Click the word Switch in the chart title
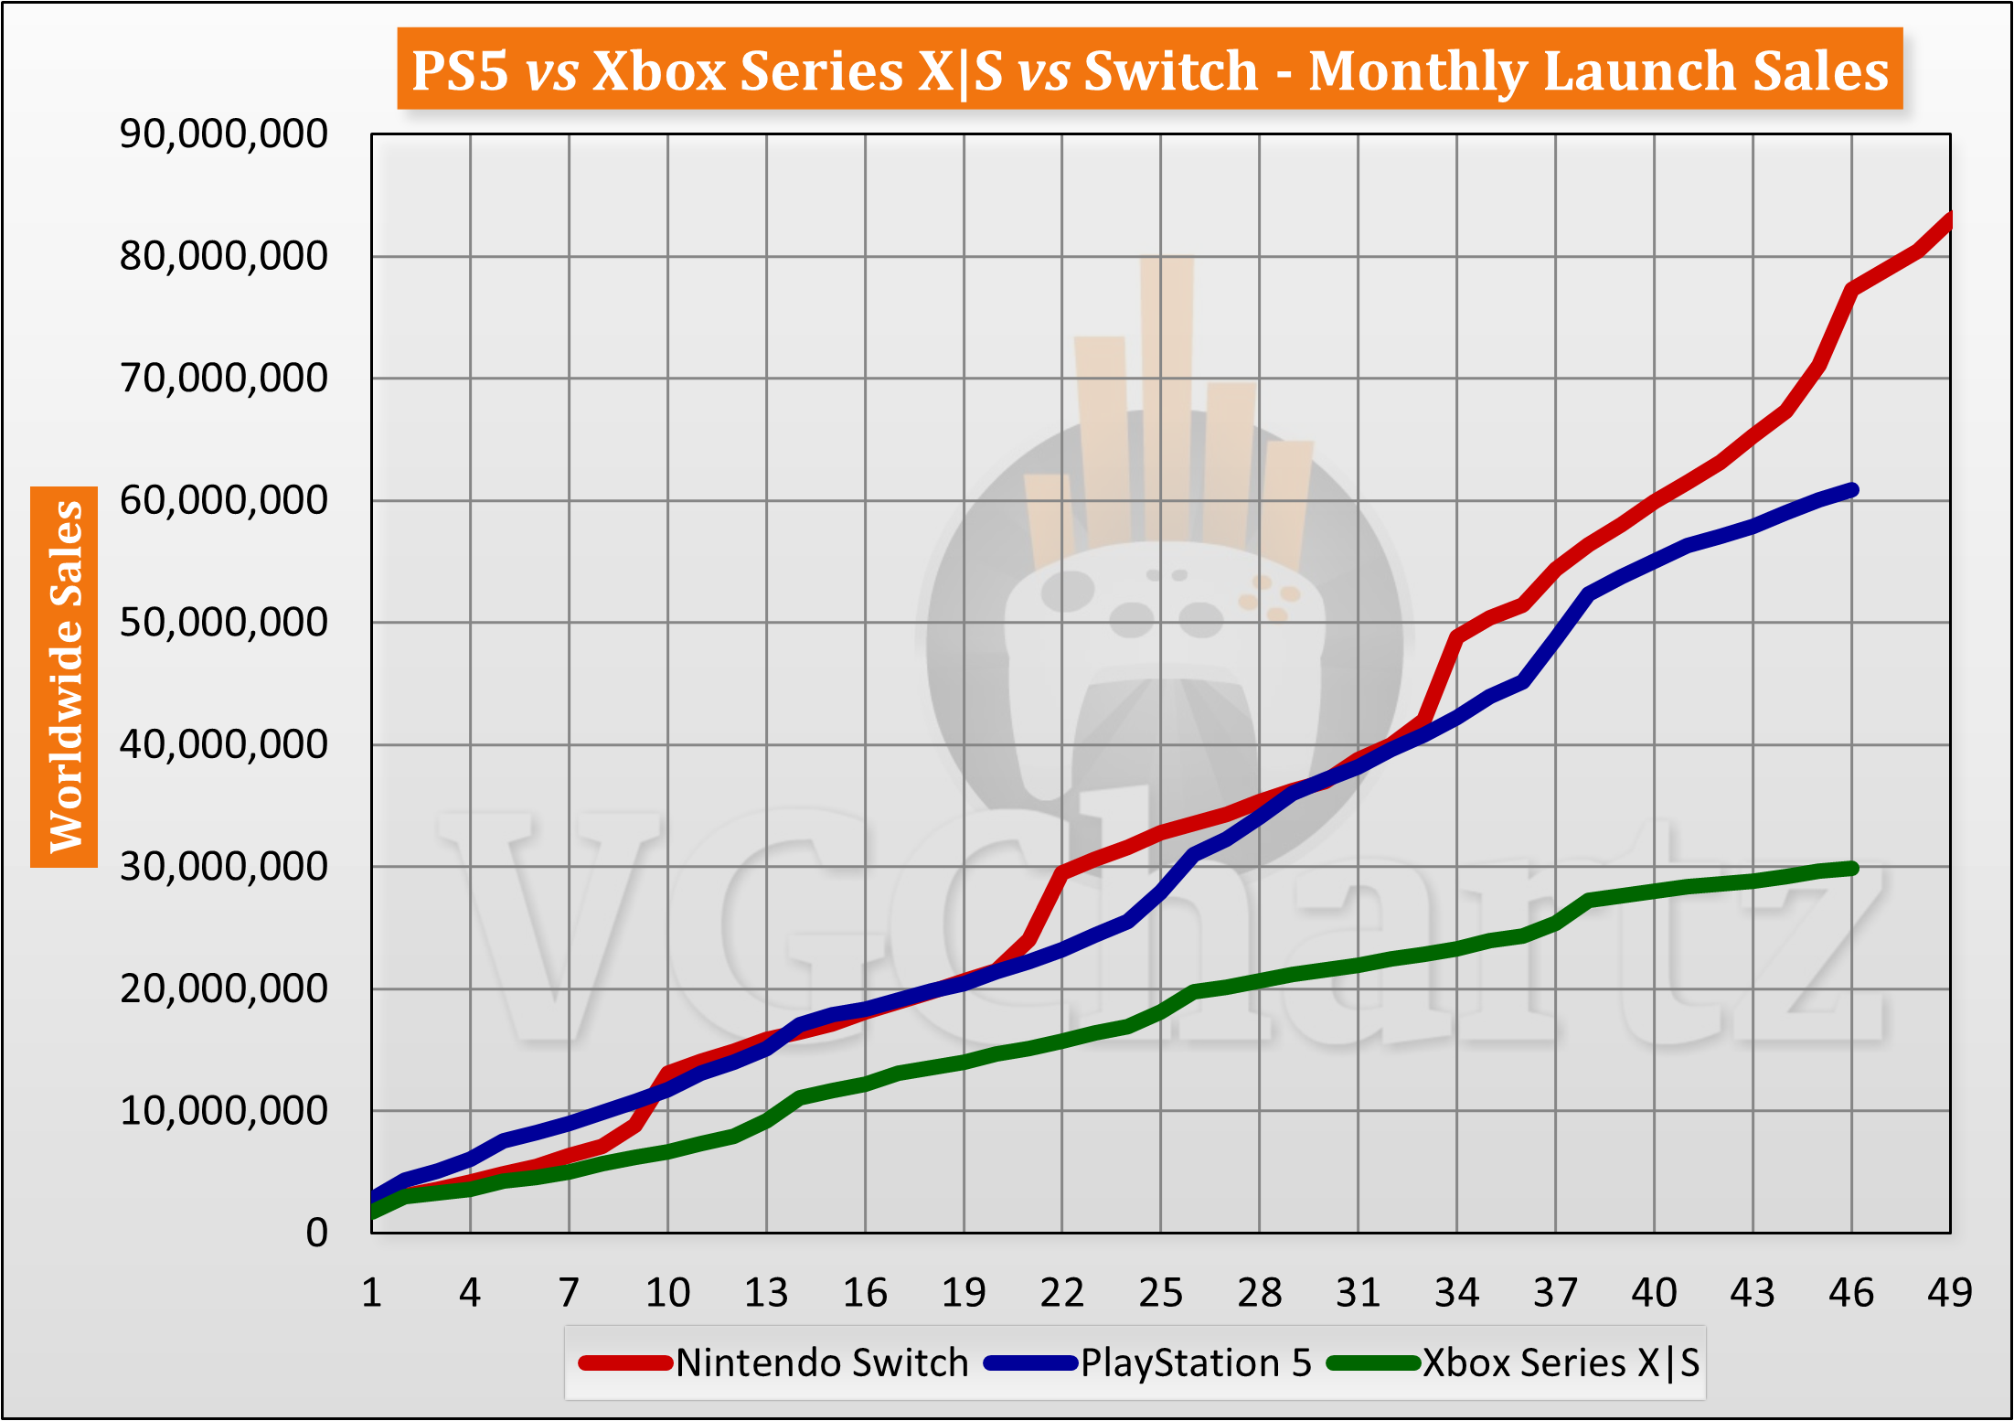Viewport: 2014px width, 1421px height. pyautogui.click(x=1171, y=70)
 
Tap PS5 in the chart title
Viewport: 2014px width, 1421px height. pyautogui.click(x=459, y=70)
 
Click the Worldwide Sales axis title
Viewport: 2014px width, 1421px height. pyautogui.click(x=65, y=677)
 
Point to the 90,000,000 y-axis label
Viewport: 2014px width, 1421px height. pyautogui.click(x=223, y=134)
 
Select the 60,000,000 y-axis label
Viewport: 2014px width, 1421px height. pyautogui.click(x=223, y=500)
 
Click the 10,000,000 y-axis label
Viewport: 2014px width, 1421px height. pyautogui.click(x=223, y=1110)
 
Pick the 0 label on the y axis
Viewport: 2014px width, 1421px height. pyautogui.click(x=316, y=1233)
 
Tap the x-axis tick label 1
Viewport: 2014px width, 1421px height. pyautogui.click(x=371, y=1293)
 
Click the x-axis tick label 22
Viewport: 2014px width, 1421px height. pyautogui.click(x=1061, y=1293)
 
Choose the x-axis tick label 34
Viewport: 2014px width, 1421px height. pyautogui.click(x=1456, y=1293)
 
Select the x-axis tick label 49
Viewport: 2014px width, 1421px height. pyautogui.click(x=1949, y=1293)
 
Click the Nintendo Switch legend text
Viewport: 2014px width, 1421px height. pyautogui.click(x=822, y=1363)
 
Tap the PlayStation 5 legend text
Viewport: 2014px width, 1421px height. pyautogui.click(x=1196, y=1363)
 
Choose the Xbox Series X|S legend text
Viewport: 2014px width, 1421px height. pyautogui.click(x=1561, y=1363)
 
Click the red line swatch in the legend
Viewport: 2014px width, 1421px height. pyautogui.click(x=625, y=1363)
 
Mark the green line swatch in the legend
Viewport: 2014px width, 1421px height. pyautogui.click(x=1373, y=1363)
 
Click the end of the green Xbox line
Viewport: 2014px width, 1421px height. pyautogui.click(x=1852, y=868)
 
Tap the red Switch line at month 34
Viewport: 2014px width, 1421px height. pyautogui.click(x=1457, y=636)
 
